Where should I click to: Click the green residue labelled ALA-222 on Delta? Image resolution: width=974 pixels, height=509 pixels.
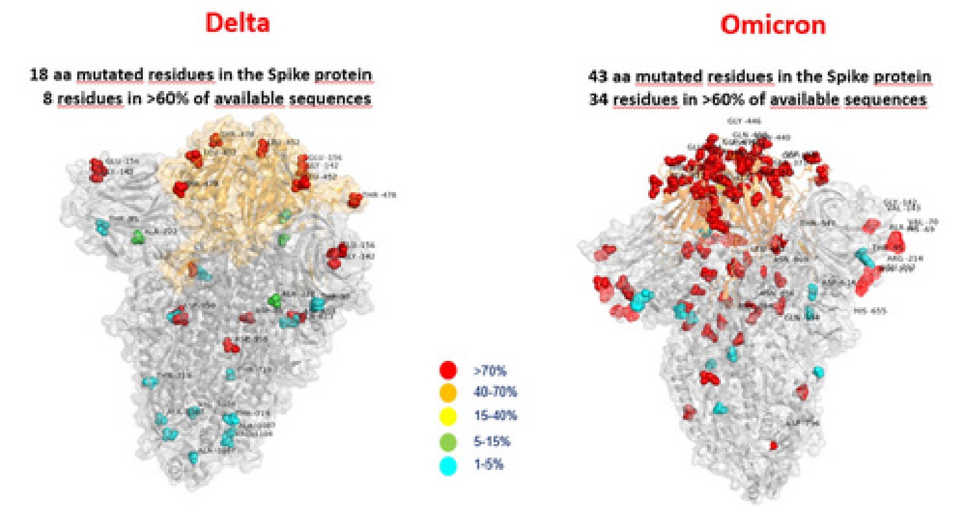pyautogui.click(x=138, y=237)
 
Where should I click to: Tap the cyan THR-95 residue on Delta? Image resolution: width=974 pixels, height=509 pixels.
pyautogui.click(x=103, y=226)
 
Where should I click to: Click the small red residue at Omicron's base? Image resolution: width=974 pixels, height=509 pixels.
pyautogui.click(x=773, y=445)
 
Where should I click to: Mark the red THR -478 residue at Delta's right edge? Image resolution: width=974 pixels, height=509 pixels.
pyautogui.click(x=355, y=200)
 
